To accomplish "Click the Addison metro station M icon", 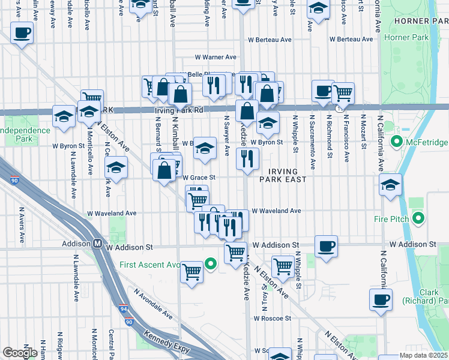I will click(97, 244).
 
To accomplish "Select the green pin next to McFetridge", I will click(396, 143).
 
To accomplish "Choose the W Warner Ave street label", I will click(215, 58).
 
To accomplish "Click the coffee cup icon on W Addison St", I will click(326, 246).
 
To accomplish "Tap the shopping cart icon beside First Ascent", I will click(192, 272).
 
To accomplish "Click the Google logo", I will click(20, 353).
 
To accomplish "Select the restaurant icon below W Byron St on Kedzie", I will click(247, 159).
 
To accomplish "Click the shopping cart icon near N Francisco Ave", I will click(342, 92).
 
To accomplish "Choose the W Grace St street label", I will click(199, 178).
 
